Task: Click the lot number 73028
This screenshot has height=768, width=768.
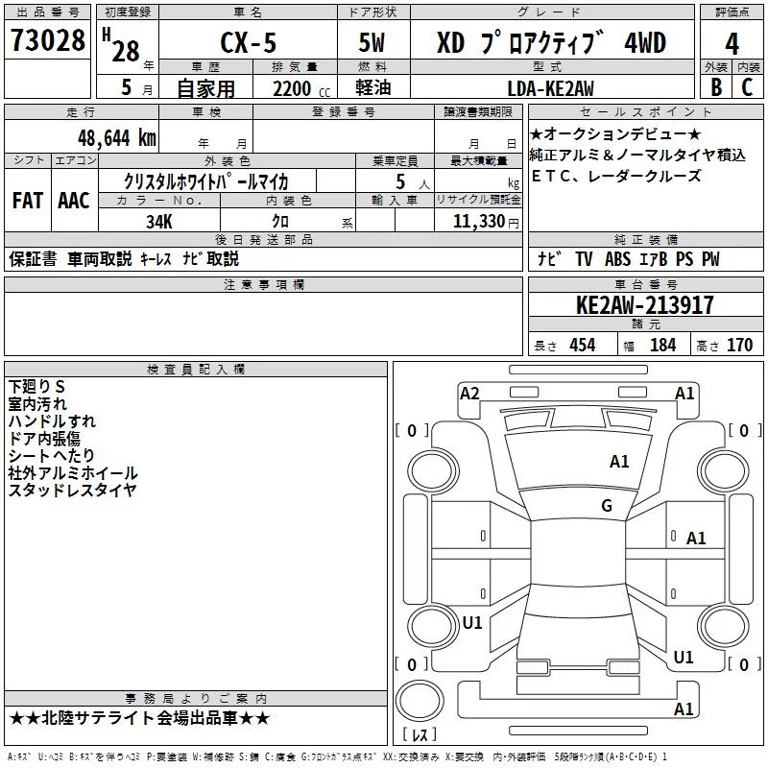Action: (x=48, y=40)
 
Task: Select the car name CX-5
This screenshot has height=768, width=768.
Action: (x=249, y=42)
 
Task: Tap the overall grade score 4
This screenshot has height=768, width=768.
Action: (x=732, y=44)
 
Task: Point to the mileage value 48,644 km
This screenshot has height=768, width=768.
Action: (x=117, y=138)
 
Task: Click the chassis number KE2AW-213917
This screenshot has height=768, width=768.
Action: (x=645, y=305)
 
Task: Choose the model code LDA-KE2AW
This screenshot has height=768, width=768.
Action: (x=550, y=88)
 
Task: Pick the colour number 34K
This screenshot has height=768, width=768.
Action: (x=159, y=222)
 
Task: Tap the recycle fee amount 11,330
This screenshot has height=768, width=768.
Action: (x=479, y=221)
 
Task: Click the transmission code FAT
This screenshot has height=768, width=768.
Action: (x=28, y=201)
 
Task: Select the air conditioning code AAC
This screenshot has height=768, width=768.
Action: (x=74, y=201)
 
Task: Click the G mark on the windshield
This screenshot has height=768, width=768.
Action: (x=607, y=506)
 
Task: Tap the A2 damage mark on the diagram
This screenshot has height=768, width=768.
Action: (x=469, y=394)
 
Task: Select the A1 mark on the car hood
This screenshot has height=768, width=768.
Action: (x=619, y=462)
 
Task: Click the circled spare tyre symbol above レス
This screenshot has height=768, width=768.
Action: (x=420, y=700)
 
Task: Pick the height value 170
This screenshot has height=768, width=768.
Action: (x=739, y=346)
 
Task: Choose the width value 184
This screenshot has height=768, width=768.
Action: (x=662, y=346)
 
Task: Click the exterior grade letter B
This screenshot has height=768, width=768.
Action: (x=716, y=87)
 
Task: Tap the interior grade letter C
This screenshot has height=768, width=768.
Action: (x=747, y=87)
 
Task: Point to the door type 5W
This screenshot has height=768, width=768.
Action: (x=372, y=42)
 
